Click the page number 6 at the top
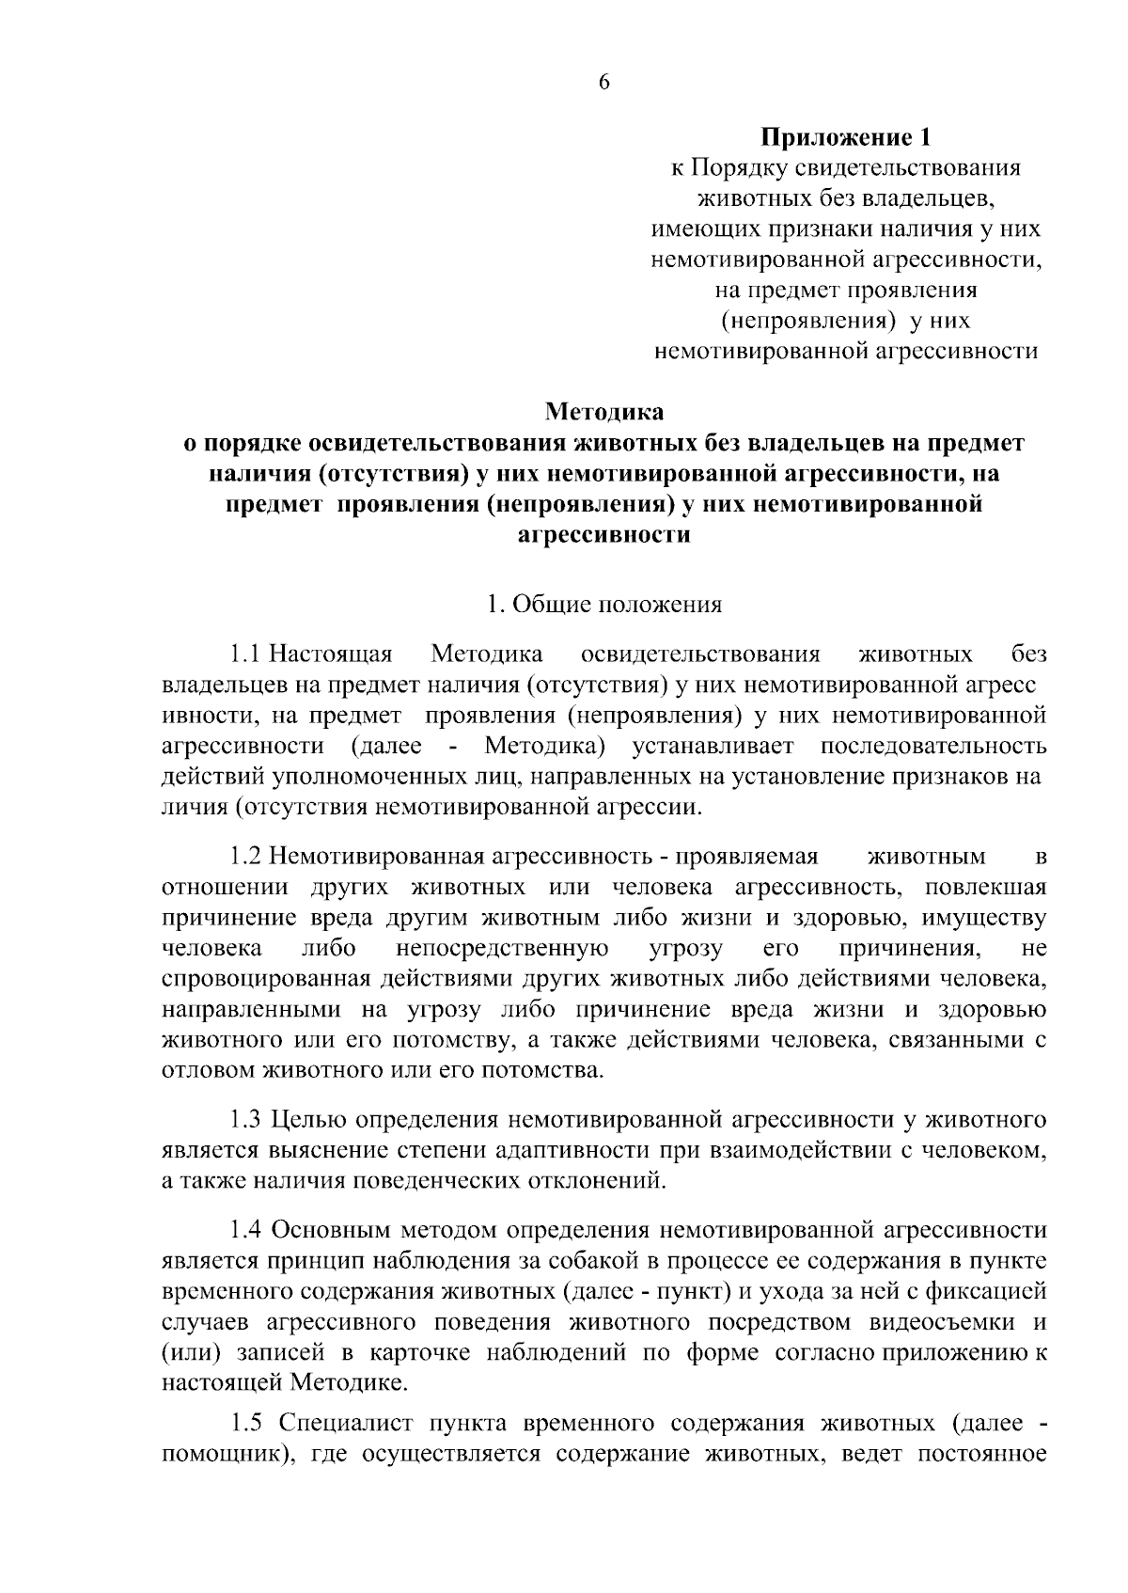(603, 82)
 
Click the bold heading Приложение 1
(845, 138)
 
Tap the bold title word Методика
(604, 412)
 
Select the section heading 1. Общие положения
(604, 605)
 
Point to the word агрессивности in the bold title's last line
(604, 535)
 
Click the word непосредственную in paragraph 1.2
(502, 949)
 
